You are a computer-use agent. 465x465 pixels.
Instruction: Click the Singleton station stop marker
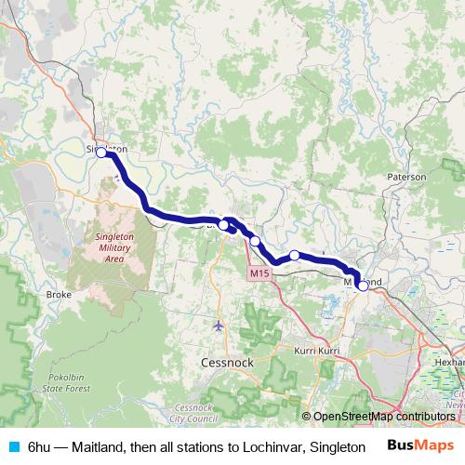(101, 153)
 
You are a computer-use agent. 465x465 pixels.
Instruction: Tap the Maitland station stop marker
(363, 286)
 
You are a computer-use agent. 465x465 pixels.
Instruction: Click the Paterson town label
(407, 176)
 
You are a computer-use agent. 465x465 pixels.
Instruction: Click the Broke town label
(59, 294)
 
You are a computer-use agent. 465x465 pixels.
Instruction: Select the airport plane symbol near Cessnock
(219, 325)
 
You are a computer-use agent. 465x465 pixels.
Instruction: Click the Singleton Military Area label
(116, 248)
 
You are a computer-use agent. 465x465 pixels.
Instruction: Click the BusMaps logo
(420, 446)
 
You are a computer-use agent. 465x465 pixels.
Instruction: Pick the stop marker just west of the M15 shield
(255, 241)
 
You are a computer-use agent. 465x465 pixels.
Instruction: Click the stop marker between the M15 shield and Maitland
(294, 255)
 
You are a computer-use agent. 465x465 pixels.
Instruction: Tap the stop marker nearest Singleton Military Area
(224, 225)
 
